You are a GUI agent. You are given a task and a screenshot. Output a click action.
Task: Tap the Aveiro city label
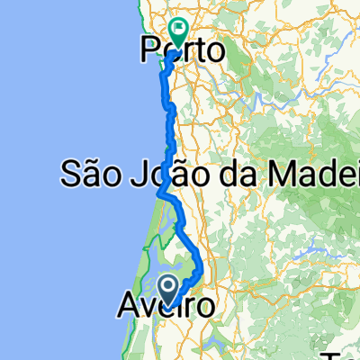pyautogui.click(x=166, y=308)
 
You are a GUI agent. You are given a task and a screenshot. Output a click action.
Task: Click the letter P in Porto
pyautogui.click(x=149, y=50)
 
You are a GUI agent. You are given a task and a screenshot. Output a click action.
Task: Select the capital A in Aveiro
pyautogui.click(x=128, y=308)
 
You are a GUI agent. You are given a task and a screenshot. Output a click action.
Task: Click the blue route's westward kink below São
pyautogui.click(x=161, y=193)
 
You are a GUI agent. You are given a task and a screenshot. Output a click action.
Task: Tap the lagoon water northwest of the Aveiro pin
pyautogui.click(x=153, y=270)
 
